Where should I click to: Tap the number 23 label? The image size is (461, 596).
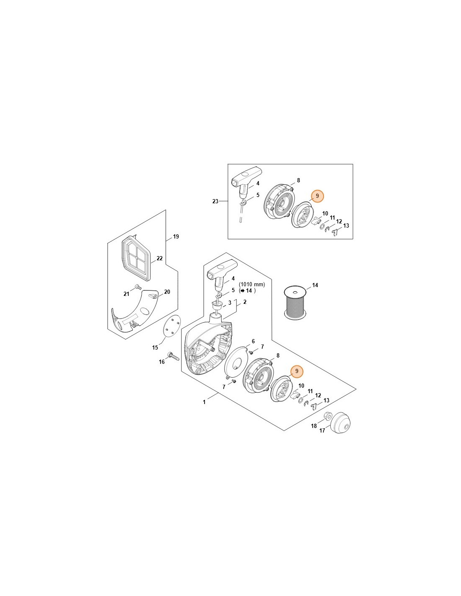click(215, 201)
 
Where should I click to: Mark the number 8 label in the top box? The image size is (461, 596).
click(298, 180)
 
